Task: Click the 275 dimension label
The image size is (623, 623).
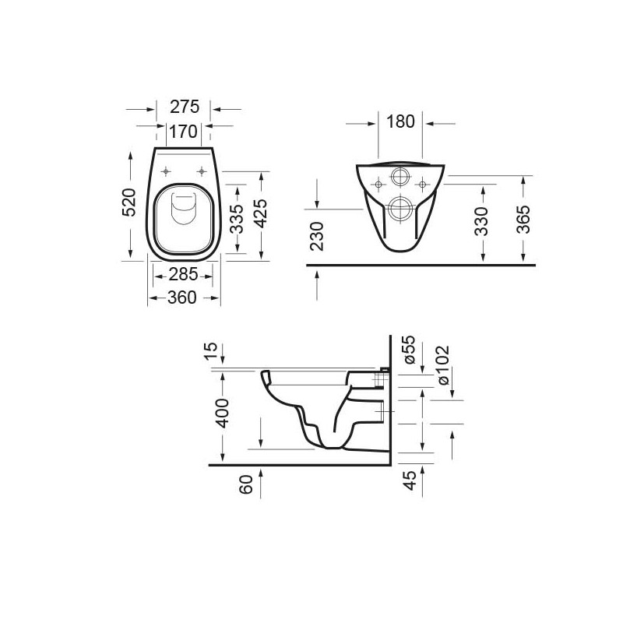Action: pyautogui.click(x=185, y=107)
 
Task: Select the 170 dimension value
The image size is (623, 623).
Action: pyautogui.click(x=185, y=132)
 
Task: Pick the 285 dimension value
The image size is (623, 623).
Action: pyautogui.click(x=184, y=274)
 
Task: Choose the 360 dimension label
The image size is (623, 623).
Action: pyautogui.click(x=184, y=297)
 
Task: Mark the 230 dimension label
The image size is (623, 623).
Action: pyautogui.click(x=317, y=236)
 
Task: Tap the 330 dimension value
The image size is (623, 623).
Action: pyautogui.click(x=483, y=221)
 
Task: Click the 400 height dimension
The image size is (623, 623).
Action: pyautogui.click(x=224, y=412)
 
